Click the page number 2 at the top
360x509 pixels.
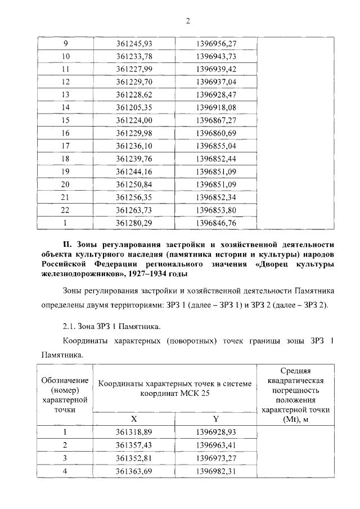[188, 21]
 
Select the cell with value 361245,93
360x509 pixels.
[134, 44]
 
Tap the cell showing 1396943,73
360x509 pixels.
[217, 56]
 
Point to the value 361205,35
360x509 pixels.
[134, 107]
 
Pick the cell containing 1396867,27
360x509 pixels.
[217, 120]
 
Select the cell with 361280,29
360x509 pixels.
[134, 222]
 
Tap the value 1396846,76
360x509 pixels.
[217, 222]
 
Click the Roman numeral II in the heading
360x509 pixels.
[66, 244]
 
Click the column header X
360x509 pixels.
[134, 419]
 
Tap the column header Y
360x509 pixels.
[216, 419]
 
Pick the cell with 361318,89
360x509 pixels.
[134, 432]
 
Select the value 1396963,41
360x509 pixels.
[217, 445]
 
